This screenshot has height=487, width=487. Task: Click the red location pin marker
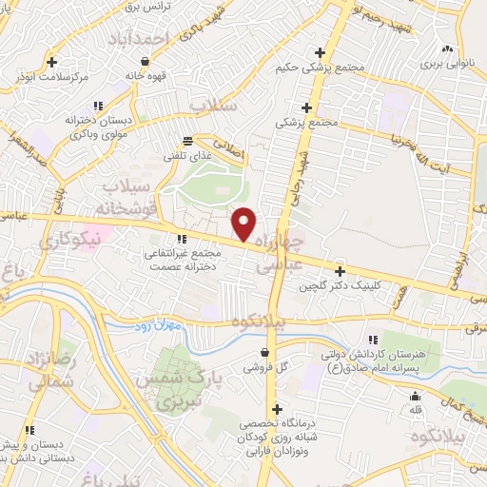(x=243, y=224)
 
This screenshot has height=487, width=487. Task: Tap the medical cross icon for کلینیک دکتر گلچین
(x=340, y=270)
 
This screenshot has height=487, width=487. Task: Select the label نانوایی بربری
(x=447, y=68)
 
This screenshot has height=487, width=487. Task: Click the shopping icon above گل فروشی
(x=265, y=352)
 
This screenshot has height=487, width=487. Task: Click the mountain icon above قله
(x=415, y=397)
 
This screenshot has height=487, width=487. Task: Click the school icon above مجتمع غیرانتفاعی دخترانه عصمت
(x=182, y=240)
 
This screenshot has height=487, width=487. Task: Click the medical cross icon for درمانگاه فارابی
(x=277, y=409)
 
